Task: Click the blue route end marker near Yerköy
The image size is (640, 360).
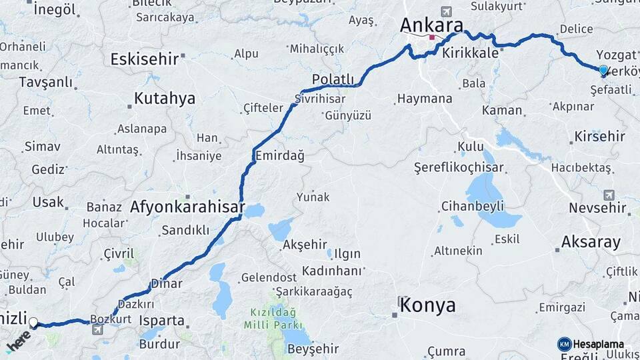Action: pyautogui.click(x=603, y=70)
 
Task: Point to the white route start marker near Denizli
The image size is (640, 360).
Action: pyautogui.click(x=33, y=323)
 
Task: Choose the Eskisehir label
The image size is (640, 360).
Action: pyautogui.click(x=145, y=59)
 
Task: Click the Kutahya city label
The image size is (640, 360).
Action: pyautogui.click(x=165, y=99)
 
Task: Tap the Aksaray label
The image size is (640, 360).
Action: pyautogui.click(x=591, y=241)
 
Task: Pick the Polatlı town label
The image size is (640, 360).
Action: pyautogui.click(x=333, y=79)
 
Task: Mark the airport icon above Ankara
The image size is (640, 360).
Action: pyautogui.click(x=445, y=11)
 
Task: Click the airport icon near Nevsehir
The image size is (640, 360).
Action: pyautogui.click(x=608, y=195)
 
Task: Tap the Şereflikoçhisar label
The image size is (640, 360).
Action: pyautogui.click(x=459, y=167)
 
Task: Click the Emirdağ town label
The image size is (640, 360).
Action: pyautogui.click(x=280, y=155)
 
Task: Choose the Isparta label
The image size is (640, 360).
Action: pyautogui.click(x=161, y=321)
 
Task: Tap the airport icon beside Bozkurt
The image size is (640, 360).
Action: pyautogui.click(x=98, y=329)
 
